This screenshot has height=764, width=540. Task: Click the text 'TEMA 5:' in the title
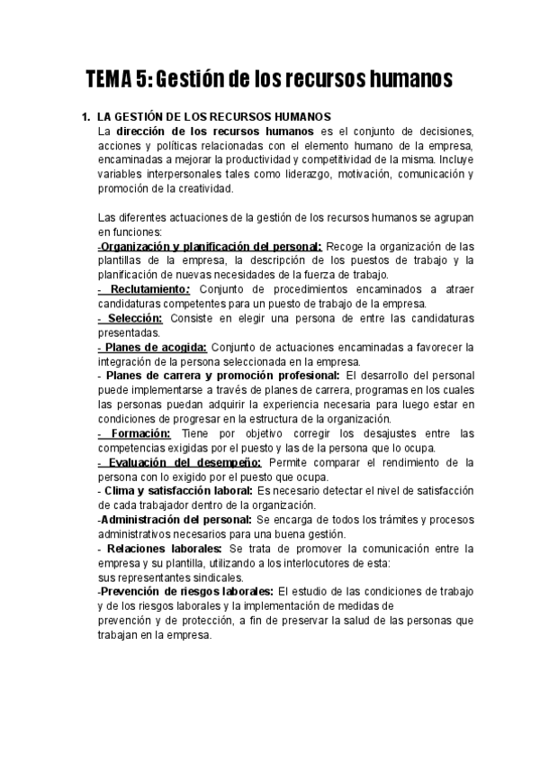tap(120, 79)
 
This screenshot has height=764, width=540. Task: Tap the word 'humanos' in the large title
tap(400, 79)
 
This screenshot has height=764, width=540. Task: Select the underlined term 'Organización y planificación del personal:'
tap(211, 246)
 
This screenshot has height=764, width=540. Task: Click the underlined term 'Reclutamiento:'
tap(150, 289)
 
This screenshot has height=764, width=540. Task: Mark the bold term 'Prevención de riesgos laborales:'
tap(185, 591)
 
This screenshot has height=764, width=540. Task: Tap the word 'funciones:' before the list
tap(130, 232)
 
